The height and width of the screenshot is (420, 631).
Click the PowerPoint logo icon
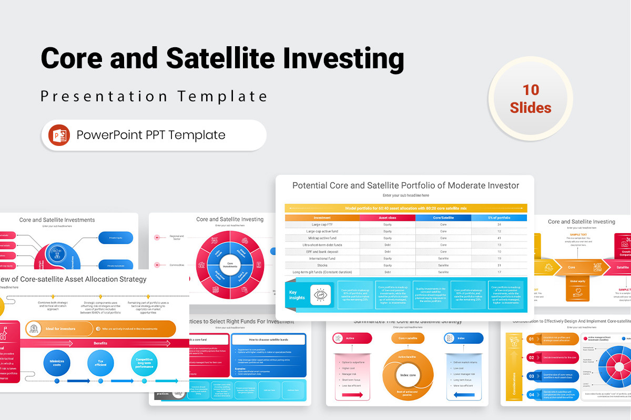[x=59, y=135]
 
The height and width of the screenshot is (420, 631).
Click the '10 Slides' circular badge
[x=531, y=98]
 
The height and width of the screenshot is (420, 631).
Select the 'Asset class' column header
[x=388, y=217]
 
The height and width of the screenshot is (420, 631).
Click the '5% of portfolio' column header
[x=499, y=217]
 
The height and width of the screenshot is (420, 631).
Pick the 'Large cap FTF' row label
[x=322, y=224]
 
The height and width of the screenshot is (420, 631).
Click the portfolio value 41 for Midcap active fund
[x=499, y=238]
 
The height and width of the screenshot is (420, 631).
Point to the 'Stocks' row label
[x=322, y=265]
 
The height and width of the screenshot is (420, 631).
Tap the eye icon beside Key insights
[x=320, y=295]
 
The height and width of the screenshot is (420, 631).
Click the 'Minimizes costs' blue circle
[x=57, y=363]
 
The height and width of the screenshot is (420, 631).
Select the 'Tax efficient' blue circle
[x=100, y=363]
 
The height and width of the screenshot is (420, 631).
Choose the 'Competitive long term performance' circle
[x=144, y=363]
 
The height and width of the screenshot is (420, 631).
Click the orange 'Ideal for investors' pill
[x=59, y=329]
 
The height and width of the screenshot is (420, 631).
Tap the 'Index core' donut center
[x=408, y=375]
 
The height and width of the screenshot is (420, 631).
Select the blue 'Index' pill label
[x=464, y=339]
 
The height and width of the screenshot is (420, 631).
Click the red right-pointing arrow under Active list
[x=352, y=394]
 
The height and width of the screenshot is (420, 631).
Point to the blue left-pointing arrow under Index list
[x=464, y=394]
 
